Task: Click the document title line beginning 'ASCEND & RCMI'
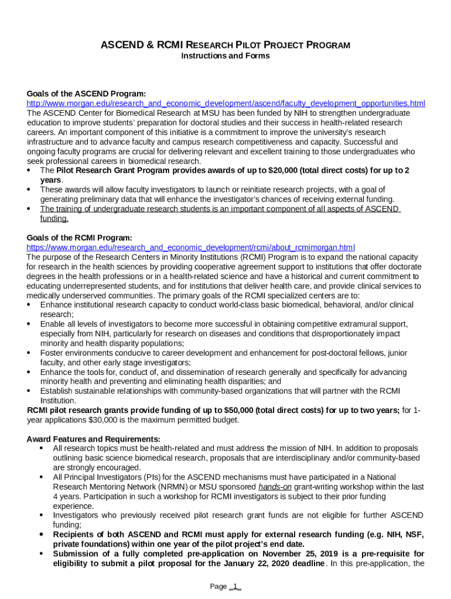pos(225,44)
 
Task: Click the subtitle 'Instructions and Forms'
pos(225,56)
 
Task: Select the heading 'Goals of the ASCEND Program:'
pos(86,94)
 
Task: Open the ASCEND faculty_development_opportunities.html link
pos(226,104)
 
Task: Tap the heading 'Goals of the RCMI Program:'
pos(80,237)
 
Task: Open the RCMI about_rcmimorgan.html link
pos(191,247)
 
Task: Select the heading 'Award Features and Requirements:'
pos(93,439)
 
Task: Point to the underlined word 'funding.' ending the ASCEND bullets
pos(54,218)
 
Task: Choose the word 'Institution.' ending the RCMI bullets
pos(58,401)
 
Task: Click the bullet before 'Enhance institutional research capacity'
pos(30,305)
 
